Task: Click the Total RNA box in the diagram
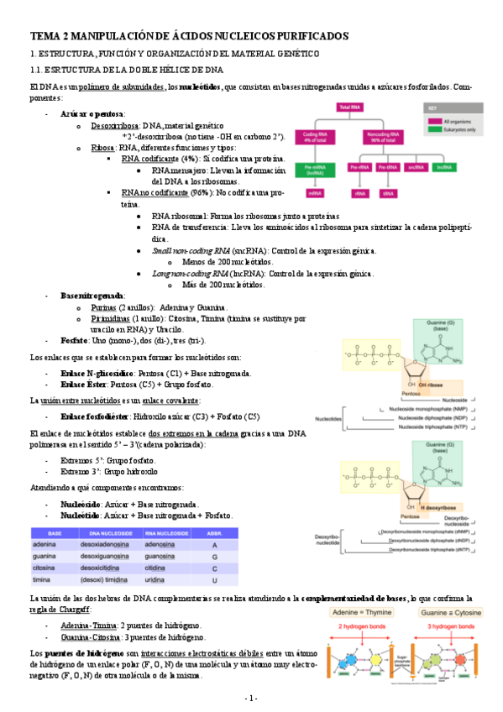[351, 108]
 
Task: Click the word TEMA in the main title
[45, 37]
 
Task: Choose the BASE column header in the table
[55, 532]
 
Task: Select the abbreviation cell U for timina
[215, 579]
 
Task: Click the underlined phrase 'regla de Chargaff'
[56, 609]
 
